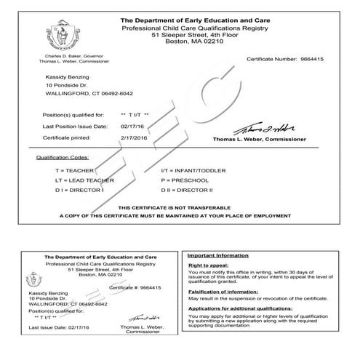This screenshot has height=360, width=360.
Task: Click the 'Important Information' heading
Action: (217, 257)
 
